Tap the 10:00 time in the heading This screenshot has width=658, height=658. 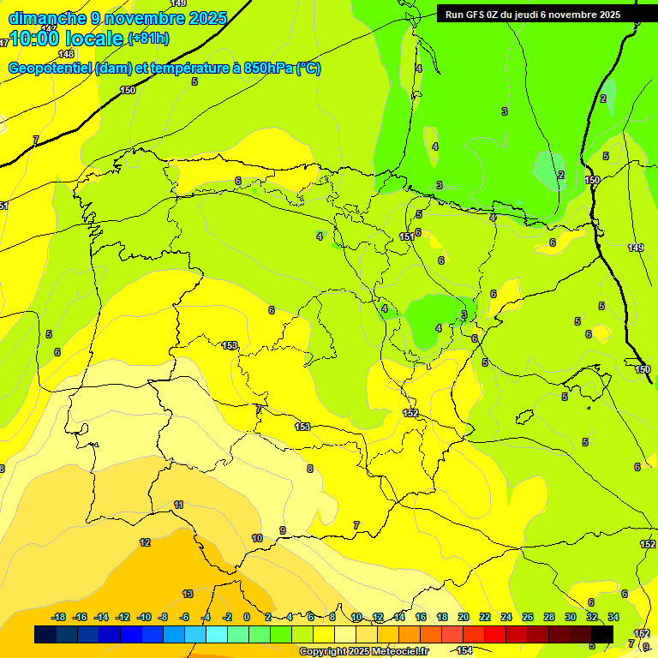(35, 39)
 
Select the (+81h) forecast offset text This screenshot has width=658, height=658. (148, 39)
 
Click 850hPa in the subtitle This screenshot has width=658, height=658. (268, 69)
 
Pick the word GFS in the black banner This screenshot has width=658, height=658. (479, 14)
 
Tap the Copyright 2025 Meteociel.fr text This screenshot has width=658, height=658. (363, 651)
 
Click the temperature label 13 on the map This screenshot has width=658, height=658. (188, 594)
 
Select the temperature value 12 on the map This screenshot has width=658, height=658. (145, 542)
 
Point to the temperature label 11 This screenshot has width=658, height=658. (178, 505)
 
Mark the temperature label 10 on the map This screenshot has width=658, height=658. (257, 538)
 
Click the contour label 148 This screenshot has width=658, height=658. (66, 54)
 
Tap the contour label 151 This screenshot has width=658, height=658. (406, 237)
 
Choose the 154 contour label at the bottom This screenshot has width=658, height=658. (465, 651)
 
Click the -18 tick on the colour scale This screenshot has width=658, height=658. (59, 617)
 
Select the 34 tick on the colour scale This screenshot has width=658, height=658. (613, 617)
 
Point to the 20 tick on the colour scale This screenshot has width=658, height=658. (464, 617)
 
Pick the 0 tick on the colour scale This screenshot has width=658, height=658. (247, 617)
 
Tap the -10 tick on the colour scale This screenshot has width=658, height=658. (144, 617)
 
